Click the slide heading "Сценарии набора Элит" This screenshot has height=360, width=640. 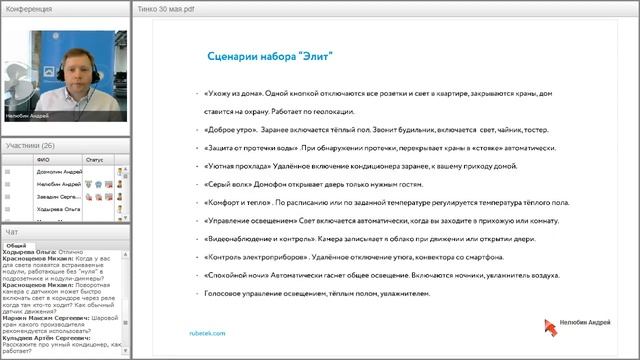(275, 57)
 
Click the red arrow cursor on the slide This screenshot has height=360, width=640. (549, 326)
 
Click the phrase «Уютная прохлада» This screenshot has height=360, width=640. (233, 166)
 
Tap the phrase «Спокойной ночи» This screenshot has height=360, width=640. (233, 276)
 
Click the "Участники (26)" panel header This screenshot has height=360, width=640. (30, 146)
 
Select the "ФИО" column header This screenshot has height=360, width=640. (42, 159)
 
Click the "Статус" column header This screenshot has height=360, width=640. (95, 159)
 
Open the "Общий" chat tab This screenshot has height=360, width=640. (16, 245)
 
